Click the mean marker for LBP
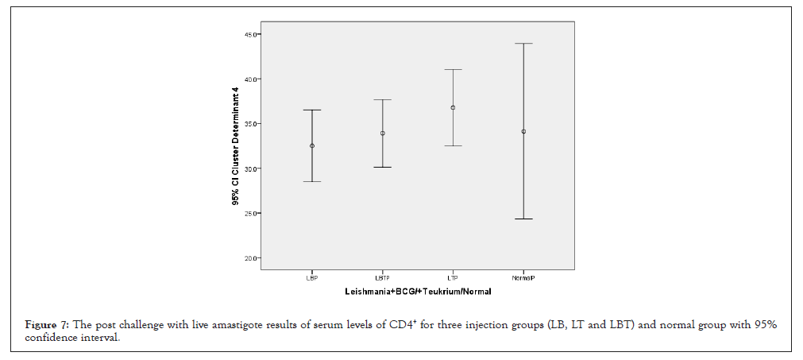[312, 145]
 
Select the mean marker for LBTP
[382, 133]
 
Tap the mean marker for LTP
[453, 107]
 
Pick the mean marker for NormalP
[523, 131]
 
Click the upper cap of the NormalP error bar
[523, 44]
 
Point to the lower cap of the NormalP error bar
[523, 219]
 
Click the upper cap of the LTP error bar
[453, 70]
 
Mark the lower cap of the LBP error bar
[312, 181]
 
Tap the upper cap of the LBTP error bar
[382, 100]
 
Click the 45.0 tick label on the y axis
[252, 35]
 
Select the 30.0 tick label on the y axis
[252, 168]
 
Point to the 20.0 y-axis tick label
[252, 258]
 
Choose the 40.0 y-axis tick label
[252, 79]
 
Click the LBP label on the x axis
[311, 277]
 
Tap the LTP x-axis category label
[453, 277]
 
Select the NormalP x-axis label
[523, 277]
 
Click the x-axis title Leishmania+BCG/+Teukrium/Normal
[418, 292]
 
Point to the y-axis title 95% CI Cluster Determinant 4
[235, 148]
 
